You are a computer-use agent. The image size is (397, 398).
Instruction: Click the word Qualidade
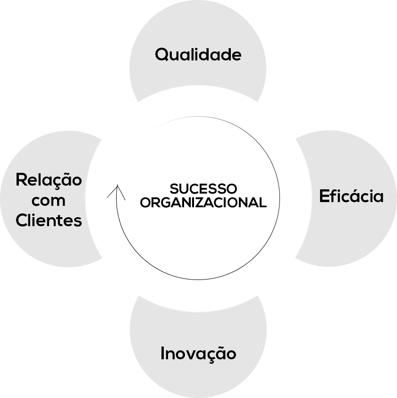coord(198,55)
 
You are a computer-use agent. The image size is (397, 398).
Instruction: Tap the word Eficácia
coord(351,196)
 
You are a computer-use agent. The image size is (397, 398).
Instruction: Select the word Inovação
coord(198,354)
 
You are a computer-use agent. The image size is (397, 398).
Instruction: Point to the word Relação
coord(49,180)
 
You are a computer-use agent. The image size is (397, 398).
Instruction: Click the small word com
coord(49,201)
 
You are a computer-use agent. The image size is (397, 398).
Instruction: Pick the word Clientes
coord(49,220)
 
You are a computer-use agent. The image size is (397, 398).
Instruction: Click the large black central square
coord(198,198)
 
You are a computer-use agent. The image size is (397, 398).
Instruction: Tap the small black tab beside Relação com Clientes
coord(110,193)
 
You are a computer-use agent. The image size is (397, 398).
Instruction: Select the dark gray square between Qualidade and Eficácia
coord(332,65)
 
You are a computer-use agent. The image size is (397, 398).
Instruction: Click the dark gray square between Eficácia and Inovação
coord(332,333)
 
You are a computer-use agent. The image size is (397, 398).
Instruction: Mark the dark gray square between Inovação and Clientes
coord(64,333)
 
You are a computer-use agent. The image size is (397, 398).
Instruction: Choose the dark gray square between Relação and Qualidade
coord(64,65)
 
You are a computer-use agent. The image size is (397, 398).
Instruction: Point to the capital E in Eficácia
coord(324,196)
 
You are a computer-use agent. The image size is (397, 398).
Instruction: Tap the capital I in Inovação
coord(162,354)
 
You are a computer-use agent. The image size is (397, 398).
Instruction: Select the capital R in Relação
coord(21,180)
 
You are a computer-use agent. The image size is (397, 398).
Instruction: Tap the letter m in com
coord(58,201)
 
